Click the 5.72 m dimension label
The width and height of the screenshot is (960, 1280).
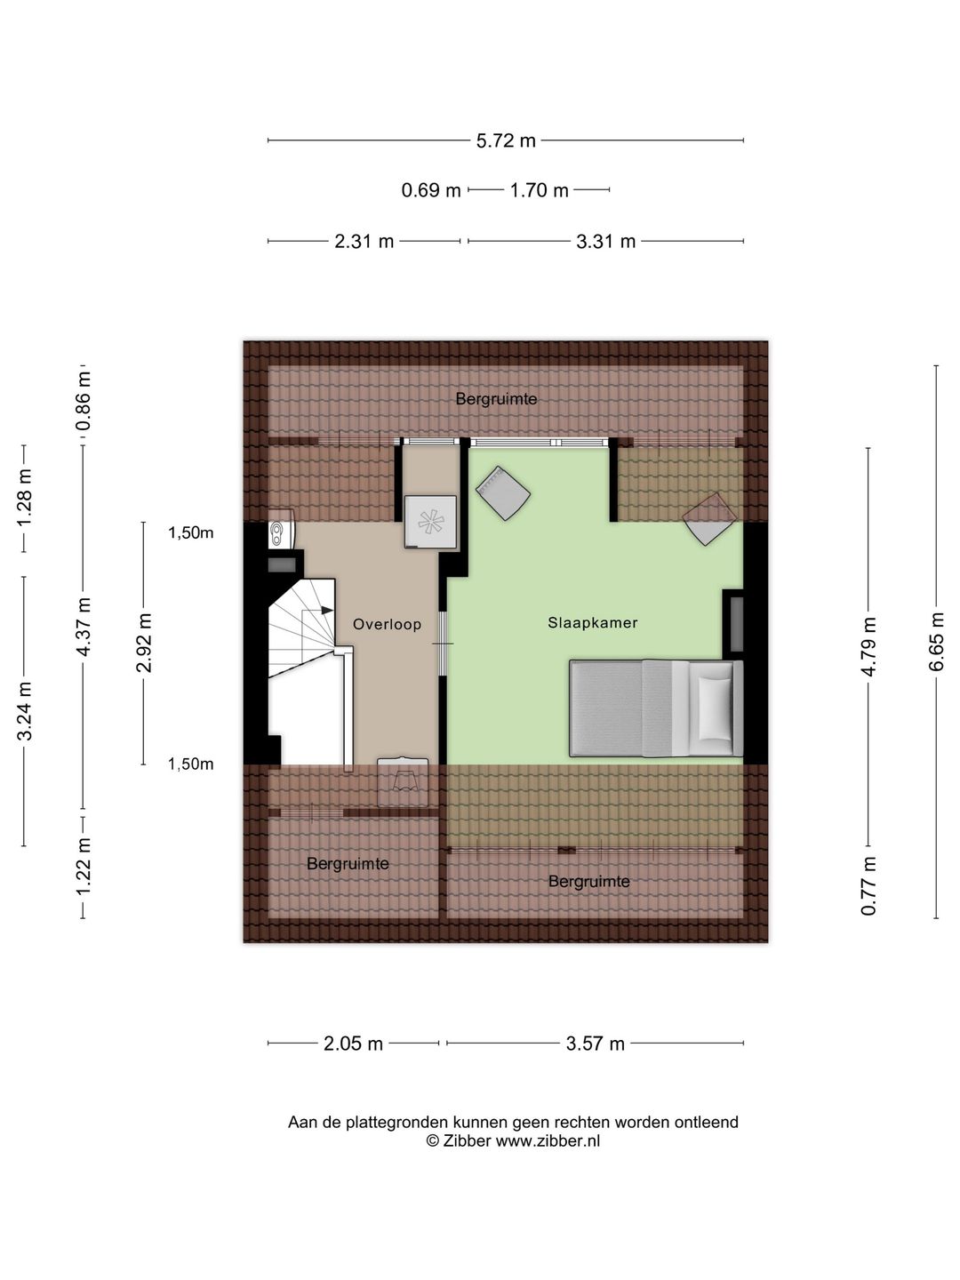point(506,140)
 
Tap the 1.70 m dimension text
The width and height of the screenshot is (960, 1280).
point(539,190)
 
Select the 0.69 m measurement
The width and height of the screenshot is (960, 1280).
point(431,190)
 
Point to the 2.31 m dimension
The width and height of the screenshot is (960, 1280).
point(364,241)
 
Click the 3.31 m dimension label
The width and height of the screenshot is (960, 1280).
point(605,241)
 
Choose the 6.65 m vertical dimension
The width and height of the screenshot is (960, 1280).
point(935,642)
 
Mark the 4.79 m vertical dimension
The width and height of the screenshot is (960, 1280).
point(868,646)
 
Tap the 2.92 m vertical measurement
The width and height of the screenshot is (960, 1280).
point(143,643)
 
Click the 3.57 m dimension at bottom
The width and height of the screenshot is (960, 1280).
point(596,1044)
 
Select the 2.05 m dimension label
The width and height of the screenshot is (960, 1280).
point(353,1044)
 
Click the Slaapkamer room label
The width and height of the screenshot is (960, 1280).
point(592,623)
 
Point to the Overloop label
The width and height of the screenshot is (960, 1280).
point(387,625)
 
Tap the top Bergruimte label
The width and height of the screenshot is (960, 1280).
point(496,399)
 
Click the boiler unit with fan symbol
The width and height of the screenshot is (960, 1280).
point(431,521)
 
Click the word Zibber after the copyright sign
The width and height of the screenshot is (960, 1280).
point(467,1140)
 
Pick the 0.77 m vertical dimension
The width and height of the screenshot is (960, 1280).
point(868,885)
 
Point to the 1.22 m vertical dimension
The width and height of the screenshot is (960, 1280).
point(83,866)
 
